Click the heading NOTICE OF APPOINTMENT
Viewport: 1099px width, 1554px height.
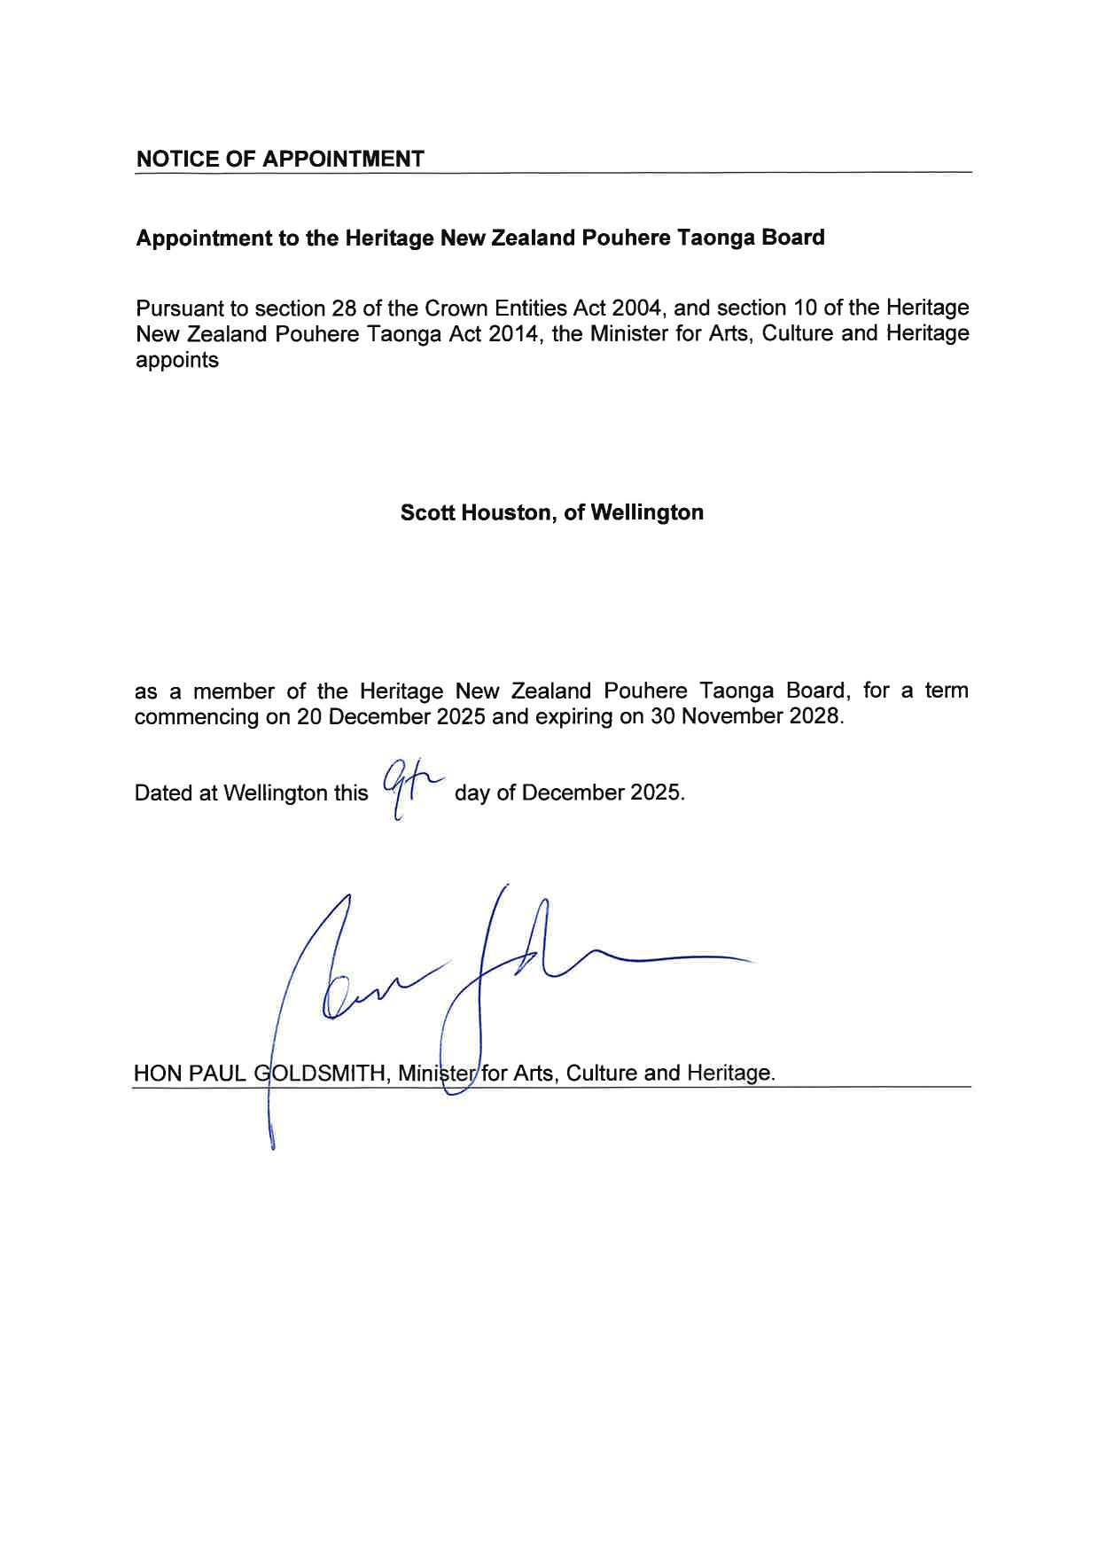click(x=280, y=160)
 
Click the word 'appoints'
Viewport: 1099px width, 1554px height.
click(x=176, y=361)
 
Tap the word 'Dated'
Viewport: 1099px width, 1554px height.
click(x=164, y=793)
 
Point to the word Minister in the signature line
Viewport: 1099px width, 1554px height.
click(x=437, y=1074)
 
